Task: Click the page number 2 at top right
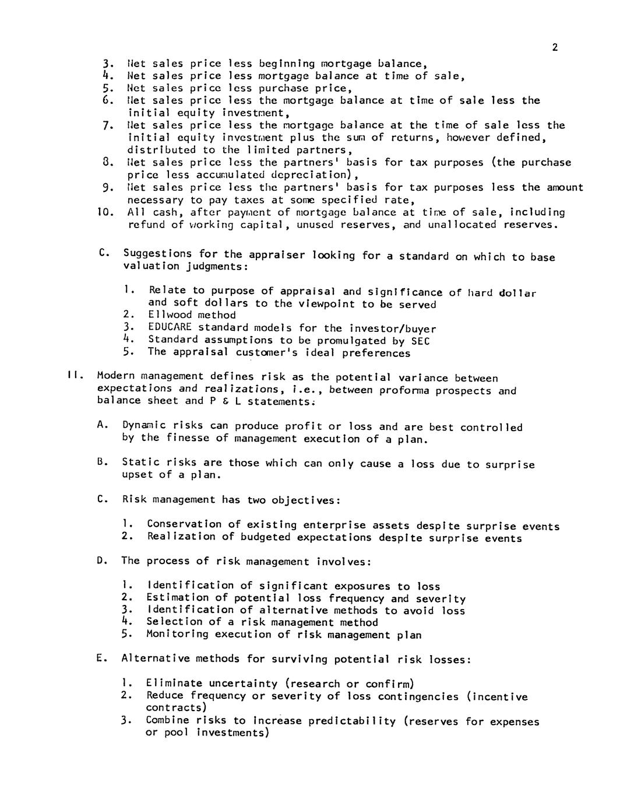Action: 555,48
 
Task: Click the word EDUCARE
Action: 170,327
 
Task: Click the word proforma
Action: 403,390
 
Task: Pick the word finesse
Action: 188,438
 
